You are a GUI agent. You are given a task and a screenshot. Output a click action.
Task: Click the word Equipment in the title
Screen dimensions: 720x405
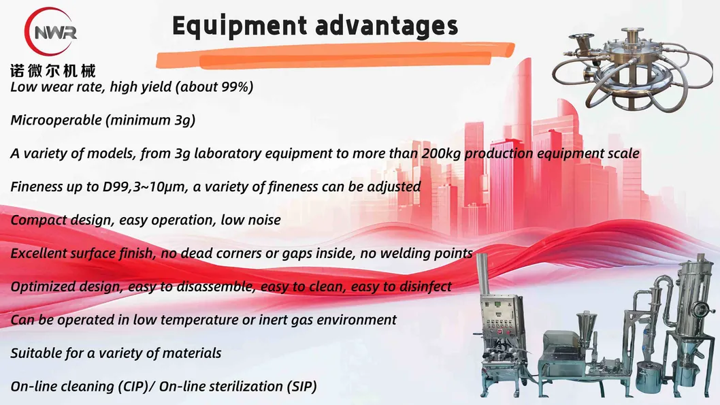pos(240,26)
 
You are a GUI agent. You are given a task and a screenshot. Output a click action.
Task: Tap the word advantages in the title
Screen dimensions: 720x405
pos(387,26)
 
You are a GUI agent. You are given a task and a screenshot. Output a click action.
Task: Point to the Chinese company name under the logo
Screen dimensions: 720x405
pos(53,71)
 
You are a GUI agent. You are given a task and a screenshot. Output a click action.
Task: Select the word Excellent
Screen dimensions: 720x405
pos(38,253)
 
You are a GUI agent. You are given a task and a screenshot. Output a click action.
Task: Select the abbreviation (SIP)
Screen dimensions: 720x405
pos(301,387)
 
